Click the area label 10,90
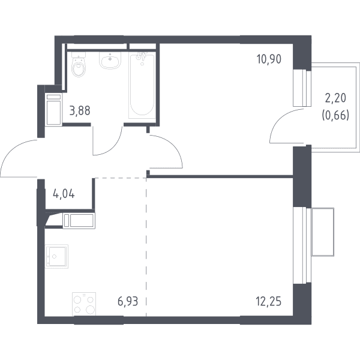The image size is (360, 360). tap(269, 59)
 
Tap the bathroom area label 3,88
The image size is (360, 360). tap(80, 110)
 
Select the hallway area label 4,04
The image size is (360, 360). tap(64, 194)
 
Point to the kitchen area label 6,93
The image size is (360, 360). tap(128, 301)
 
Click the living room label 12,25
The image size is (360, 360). tap(269, 301)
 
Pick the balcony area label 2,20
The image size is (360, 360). tap(335, 98)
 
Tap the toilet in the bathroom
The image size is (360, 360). tap(79, 64)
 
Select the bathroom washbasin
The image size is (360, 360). tap(110, 60)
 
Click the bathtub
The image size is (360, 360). tap(142, 86)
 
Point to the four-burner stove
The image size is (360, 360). tap(84, 304)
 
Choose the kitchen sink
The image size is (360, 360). tap(57, 256)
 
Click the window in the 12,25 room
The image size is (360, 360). tap(302, 245)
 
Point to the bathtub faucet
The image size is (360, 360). tap(140, 56)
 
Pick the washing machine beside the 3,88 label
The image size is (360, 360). tap(54, 109)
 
